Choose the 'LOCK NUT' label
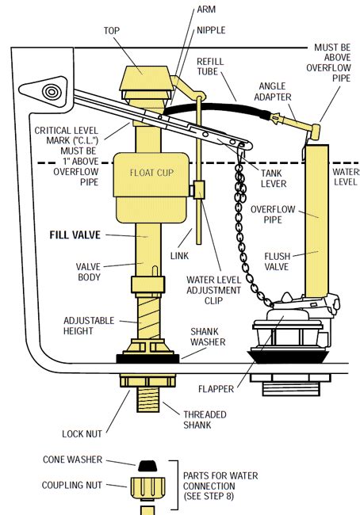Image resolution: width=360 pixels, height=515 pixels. [82, 433]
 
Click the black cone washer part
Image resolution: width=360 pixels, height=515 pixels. [147, 463]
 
